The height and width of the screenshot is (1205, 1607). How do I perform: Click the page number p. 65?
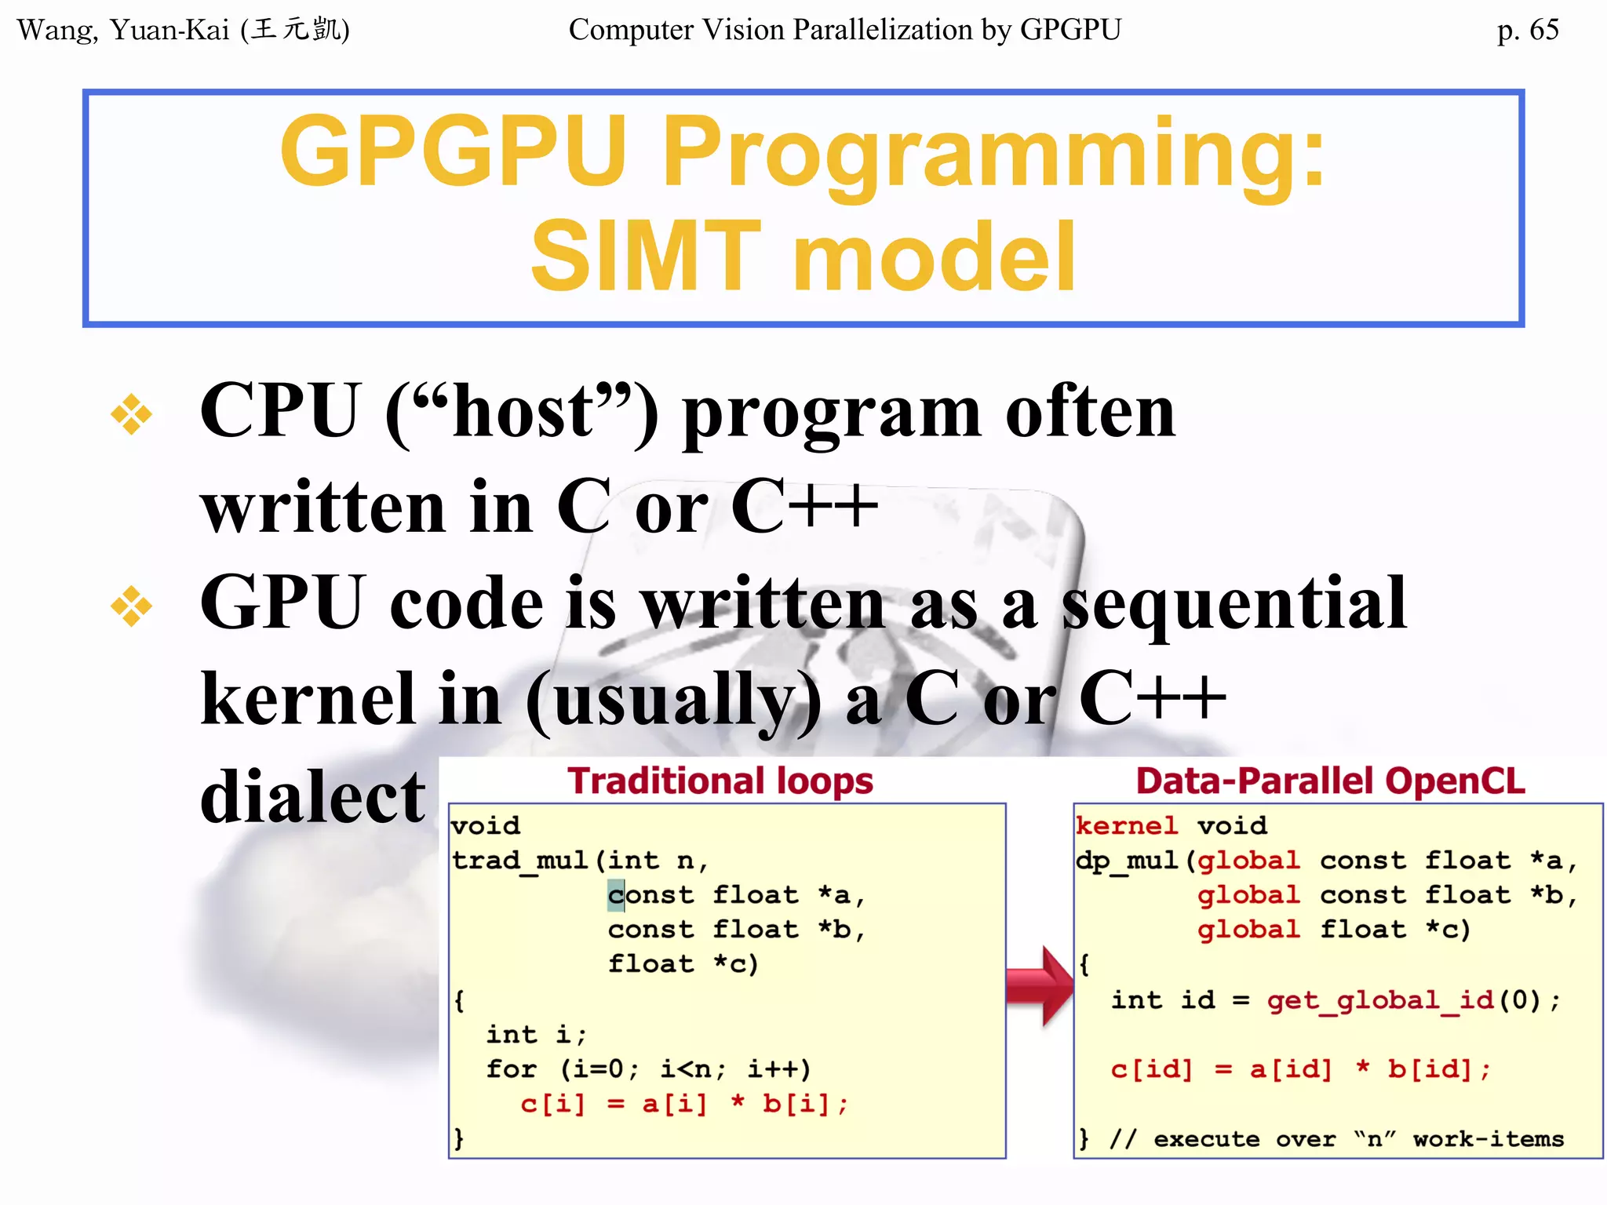click(x=1527, y=30)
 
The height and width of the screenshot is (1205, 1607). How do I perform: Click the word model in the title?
click(x=934, y=256)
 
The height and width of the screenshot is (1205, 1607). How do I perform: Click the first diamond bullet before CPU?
click(x=131, y=414)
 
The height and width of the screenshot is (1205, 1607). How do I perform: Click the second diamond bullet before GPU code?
click(x=131, y=606)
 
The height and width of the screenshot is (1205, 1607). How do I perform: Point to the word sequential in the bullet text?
click(x=1233, y=604)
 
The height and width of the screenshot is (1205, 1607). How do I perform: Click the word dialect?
click(x=312, y=796)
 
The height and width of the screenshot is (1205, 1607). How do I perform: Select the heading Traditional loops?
click(x=720, y=781)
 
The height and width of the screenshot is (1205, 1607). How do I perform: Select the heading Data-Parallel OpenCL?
click(x=1330, y=781)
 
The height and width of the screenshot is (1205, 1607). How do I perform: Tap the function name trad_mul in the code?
click(x=520, y=861)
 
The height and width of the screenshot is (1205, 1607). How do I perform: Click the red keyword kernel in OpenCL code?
click(x=1126, y=825)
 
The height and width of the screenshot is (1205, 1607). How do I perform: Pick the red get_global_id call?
click(x=1379, y=999)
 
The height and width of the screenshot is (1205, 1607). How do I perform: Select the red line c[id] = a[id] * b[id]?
click(x=1299, y=1068)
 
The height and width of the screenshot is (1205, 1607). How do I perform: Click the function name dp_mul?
click(x=1127, y=861)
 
